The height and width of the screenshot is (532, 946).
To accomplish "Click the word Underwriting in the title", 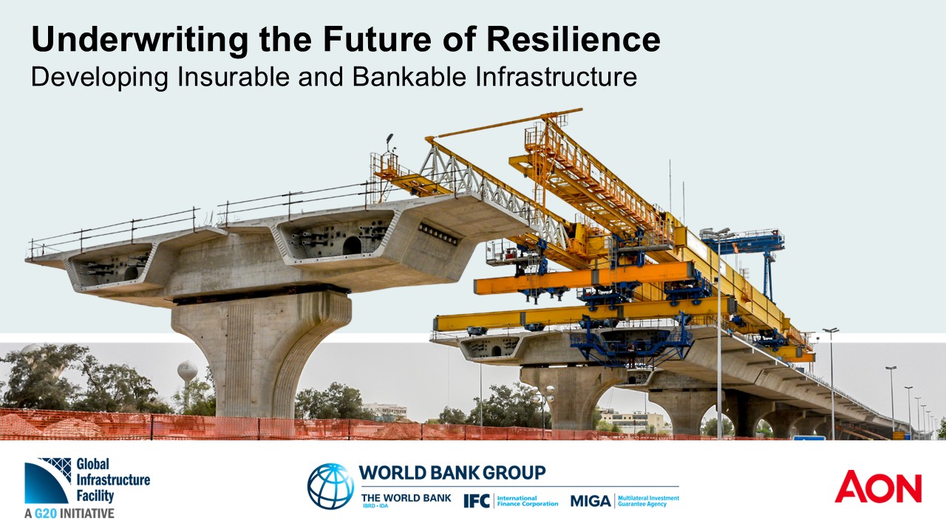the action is point(140,41).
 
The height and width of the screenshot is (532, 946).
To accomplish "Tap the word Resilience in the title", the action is point(573,39).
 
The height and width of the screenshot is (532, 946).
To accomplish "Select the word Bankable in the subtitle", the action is point(409,77).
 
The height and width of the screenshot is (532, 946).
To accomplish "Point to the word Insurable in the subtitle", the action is point(234,77).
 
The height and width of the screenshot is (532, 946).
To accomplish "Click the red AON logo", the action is point(878,487).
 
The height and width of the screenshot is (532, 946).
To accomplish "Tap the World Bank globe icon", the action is point(330,486).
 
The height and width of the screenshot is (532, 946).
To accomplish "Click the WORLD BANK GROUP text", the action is point(452,473).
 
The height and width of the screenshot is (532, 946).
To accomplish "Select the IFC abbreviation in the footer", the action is point(477,501).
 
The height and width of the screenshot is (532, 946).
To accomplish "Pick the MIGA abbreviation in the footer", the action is point(591,501).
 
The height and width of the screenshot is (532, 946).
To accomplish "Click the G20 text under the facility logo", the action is point(46,514).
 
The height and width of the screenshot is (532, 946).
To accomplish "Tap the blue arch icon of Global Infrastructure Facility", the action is point(47,481).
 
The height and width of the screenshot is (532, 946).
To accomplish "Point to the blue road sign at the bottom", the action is point(809,438).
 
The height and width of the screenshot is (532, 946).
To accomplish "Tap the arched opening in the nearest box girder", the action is point(351,245).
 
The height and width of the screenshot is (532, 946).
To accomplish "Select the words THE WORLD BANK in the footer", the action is point(406,498).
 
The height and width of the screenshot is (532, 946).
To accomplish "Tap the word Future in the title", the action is point(377,39).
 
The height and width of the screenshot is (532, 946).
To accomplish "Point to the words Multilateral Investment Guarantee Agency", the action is point(648,501).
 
